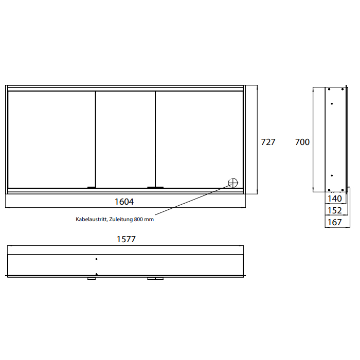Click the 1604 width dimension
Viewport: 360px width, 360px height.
point(124,202)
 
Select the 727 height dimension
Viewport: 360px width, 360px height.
point(268,142)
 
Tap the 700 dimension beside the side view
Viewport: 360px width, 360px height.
point(302,142)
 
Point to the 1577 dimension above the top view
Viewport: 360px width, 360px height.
point(126,239)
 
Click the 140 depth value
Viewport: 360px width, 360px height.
point(334,199)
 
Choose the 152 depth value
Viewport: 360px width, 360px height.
point(334,210)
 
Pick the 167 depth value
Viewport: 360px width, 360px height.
point(334,222)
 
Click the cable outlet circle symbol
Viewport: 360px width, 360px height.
point(233,183)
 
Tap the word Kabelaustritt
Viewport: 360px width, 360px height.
point(92,219)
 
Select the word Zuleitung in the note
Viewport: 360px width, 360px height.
point(121,220)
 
